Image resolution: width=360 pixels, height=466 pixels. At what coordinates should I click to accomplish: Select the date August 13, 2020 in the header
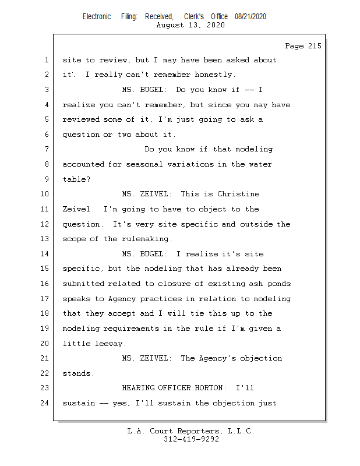tap(191, 25)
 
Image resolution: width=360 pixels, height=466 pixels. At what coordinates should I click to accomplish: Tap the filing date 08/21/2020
tap(250, 17)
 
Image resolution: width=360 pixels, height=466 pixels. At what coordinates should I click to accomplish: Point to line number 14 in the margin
tap(45, 254)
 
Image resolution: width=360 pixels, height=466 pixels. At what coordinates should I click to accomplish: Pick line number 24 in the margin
tap(45, 403)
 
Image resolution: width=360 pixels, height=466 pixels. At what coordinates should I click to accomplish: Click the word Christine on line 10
tap(239, 194)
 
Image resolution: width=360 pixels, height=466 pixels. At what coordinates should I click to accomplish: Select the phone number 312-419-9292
tap(191, 439)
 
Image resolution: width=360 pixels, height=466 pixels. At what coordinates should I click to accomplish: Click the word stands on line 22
tap(77, 373)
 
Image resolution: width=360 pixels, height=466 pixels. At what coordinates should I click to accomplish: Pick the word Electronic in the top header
tap(97, 17)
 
